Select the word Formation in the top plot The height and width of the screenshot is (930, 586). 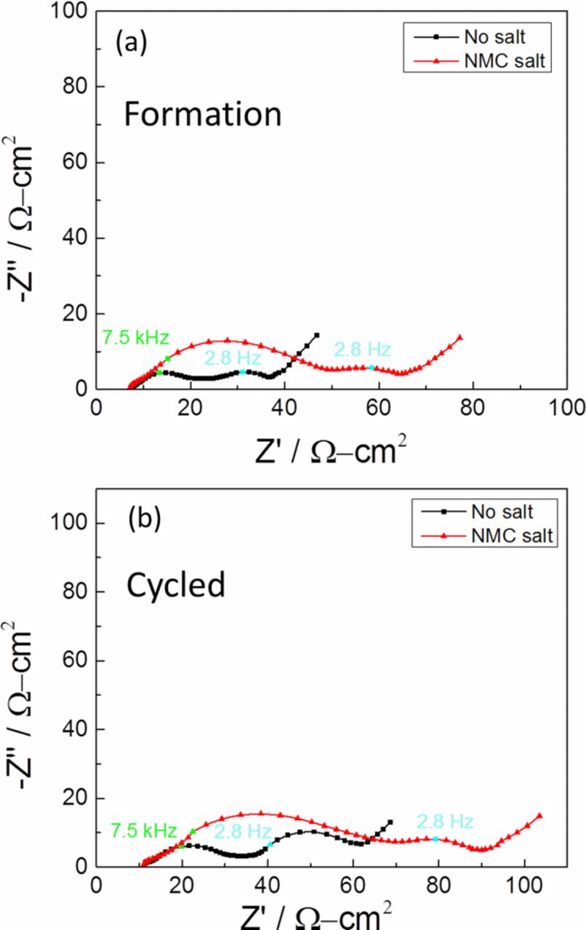pos(201,114)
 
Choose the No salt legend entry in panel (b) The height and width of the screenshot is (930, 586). pos(507,511)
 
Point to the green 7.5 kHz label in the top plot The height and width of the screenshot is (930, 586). pos(135,337)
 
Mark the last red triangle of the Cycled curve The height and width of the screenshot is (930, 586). pos(539,816)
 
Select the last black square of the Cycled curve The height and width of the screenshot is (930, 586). pos(390,822)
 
